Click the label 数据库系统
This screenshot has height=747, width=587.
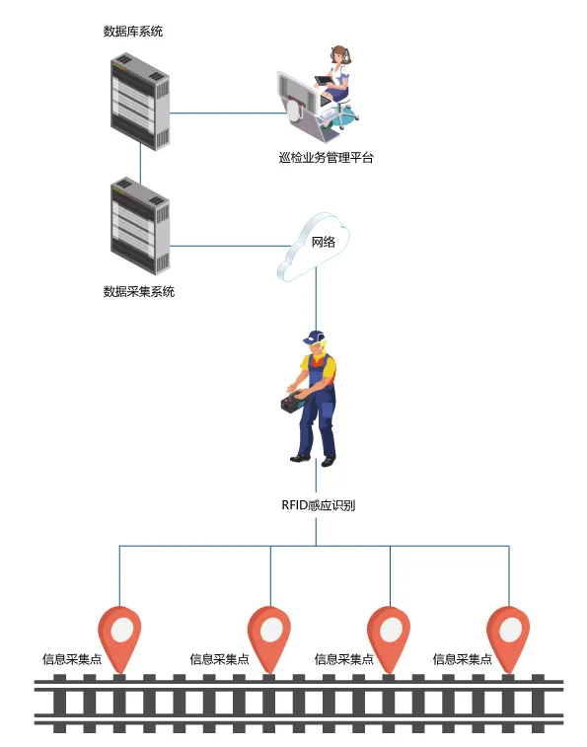132,32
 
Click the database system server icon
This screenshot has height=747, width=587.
139,101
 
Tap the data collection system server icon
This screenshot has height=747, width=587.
139,226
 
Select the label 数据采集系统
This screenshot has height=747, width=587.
139,291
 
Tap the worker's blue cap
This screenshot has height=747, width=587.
315,336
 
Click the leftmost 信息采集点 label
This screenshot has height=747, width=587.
71,659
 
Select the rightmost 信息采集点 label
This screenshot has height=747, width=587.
462,659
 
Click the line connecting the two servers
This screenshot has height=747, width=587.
139,166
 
